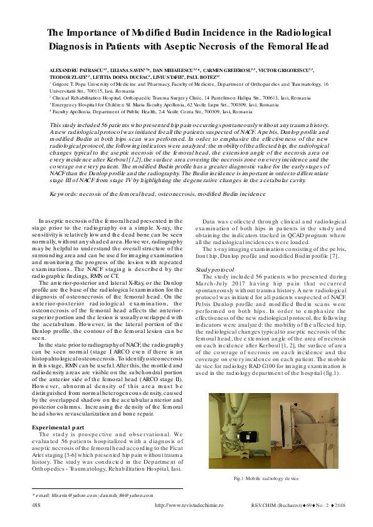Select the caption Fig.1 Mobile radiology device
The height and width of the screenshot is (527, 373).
tap(266, 478)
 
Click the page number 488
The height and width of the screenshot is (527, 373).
tap(36, 504)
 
